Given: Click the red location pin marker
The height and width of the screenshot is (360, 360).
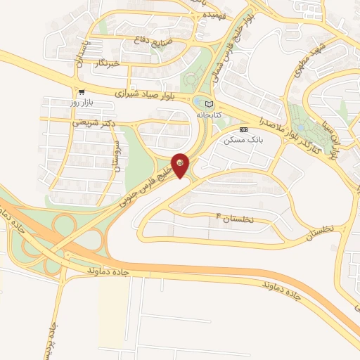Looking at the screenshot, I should (x=181, y=165).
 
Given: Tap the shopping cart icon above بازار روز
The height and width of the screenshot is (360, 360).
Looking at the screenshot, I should (x=82, y=91).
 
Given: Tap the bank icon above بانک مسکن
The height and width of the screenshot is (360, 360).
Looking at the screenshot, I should (x=244, y=129).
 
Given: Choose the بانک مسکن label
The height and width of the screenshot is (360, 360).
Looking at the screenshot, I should (x=238, y=140).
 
